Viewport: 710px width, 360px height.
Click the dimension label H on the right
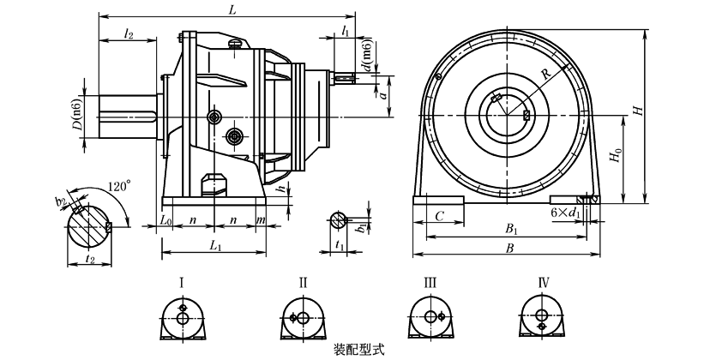tap(636, 111)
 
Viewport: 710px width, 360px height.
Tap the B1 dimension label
tap(512, 230)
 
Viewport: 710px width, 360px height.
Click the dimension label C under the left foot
tap(438, 218)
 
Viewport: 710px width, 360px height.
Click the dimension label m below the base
tap(260, 220)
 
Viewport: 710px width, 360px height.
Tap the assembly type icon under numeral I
tap(183, 317)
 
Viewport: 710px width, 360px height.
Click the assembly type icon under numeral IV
tap(542, 317)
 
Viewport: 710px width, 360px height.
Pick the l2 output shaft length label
tap(129, 33)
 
